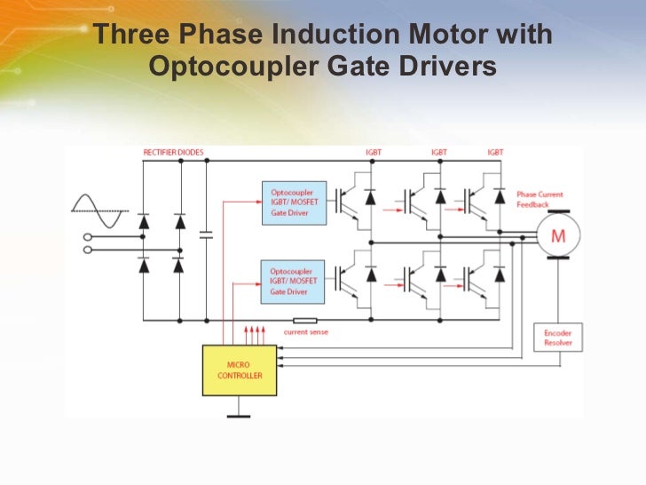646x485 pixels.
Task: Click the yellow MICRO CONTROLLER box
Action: coord(240,370)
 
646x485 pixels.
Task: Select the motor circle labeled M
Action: coord(558,235)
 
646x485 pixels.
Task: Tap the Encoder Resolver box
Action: coord(558,338)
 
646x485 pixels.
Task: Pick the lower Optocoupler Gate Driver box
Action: coord(294,279)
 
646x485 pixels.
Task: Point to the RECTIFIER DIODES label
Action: coord(173,153)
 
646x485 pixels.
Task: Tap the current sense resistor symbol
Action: coord(304,320)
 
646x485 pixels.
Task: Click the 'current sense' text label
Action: coord(306,332)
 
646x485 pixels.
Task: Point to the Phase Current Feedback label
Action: coord(540,199)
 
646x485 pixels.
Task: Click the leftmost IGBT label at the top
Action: coord(374,153)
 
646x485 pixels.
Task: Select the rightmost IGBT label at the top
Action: coord(495,153)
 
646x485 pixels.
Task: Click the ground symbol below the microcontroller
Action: coord(240,412)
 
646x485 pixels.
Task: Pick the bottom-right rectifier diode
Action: coord(178,264)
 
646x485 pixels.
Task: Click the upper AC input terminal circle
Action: coord(88,237)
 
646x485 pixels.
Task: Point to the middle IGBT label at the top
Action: coord(438,153)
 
